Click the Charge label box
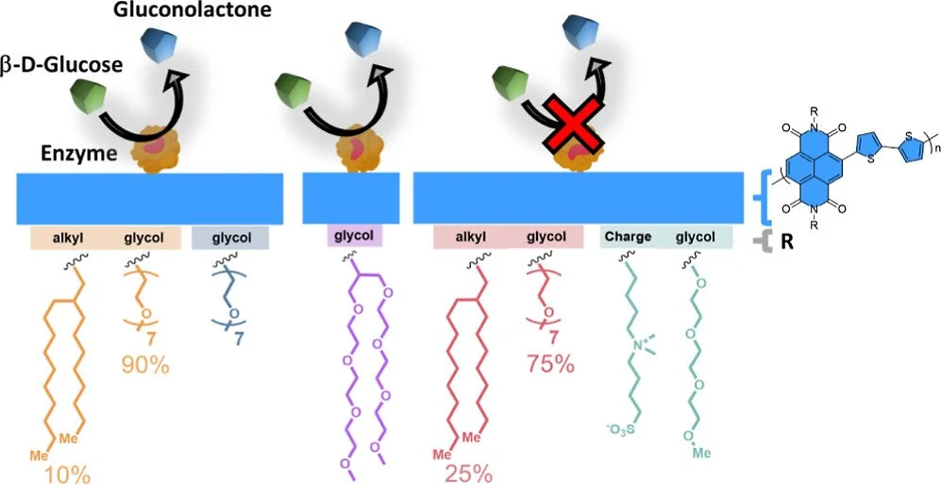[628, 238]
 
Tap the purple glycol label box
[354, 238]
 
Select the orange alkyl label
[65, 238]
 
